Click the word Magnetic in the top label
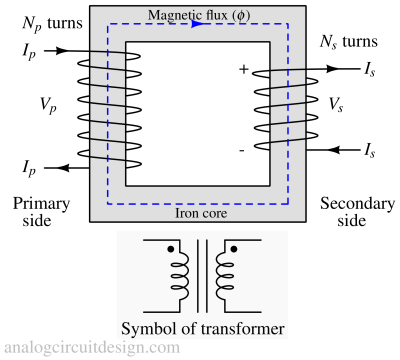click(174, 16)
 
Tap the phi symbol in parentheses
click(237, 16)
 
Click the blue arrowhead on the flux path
click(196, 25)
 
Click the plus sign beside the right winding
click(243, 69)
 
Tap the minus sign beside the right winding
click(242, 151)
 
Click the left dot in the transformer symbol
click(171, 248)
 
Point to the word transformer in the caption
click(239, 328)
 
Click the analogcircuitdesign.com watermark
click(91, 348)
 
